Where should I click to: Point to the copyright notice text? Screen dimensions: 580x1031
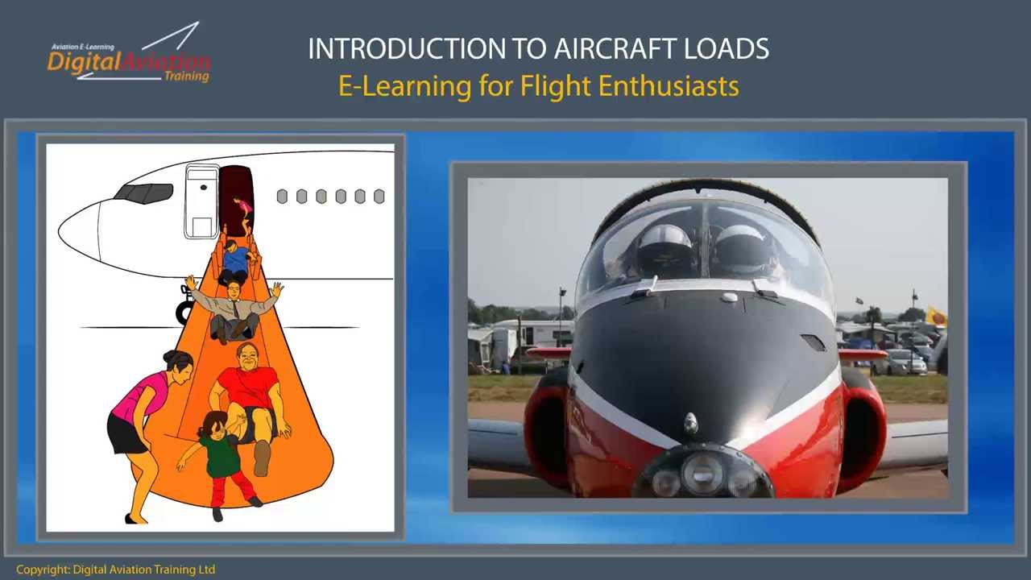(x=115, y=570)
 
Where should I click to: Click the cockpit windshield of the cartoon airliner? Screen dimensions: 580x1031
(x=143, y=193)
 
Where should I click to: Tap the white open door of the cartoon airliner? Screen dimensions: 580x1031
(x=201, y=201)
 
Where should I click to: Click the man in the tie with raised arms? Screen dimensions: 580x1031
(x=234, y=306)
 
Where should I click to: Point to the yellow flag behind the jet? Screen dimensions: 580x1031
(x=937, y=316)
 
